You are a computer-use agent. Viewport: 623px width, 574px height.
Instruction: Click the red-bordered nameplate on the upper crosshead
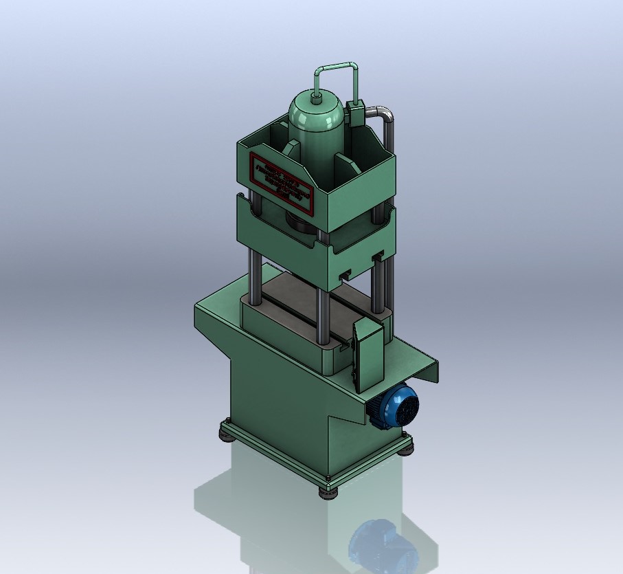click(x=280, y=181)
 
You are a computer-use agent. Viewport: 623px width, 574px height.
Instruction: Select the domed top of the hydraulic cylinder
click(x=315, y=109)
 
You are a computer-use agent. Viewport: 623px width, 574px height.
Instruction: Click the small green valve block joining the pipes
click(x=356, y=111)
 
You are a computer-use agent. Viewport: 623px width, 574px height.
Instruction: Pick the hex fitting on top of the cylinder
click(x=317, y=98)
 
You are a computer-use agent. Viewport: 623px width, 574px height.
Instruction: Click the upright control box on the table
click(x=367, y=355)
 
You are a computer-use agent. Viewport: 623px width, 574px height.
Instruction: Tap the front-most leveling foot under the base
click(x=328, y=491)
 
